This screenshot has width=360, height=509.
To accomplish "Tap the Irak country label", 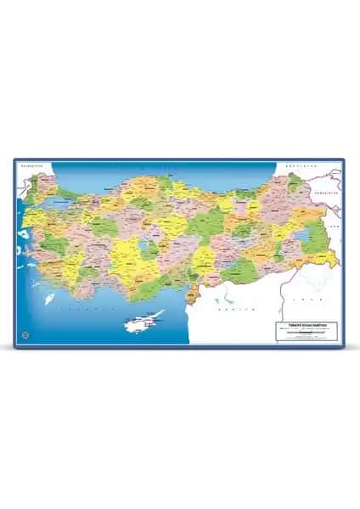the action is [x=312, y=299].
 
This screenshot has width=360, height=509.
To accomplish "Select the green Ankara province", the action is [x=136, y=222].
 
